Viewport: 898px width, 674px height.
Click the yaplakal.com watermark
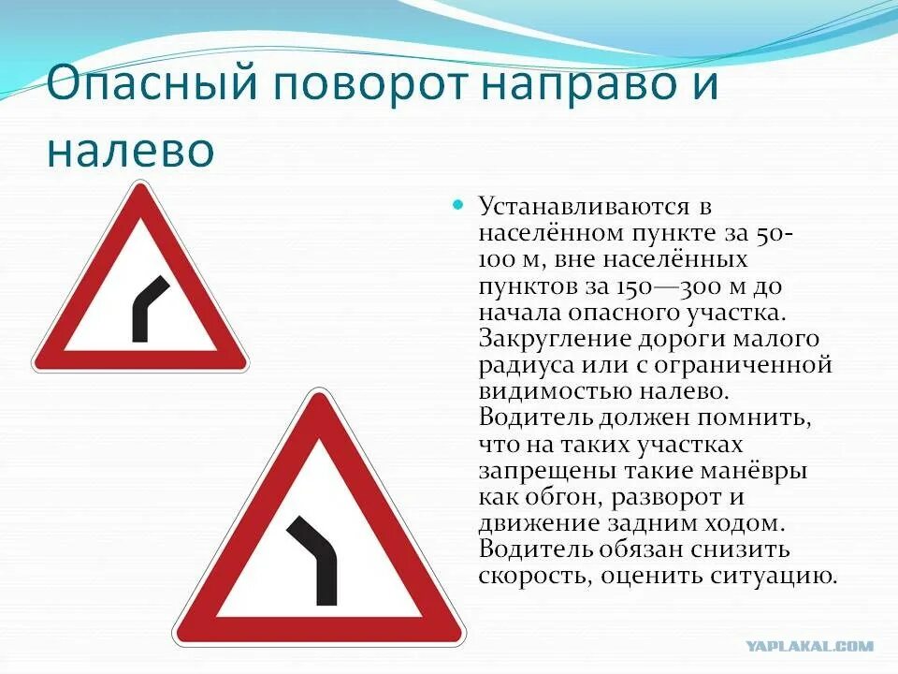(810, 646)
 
